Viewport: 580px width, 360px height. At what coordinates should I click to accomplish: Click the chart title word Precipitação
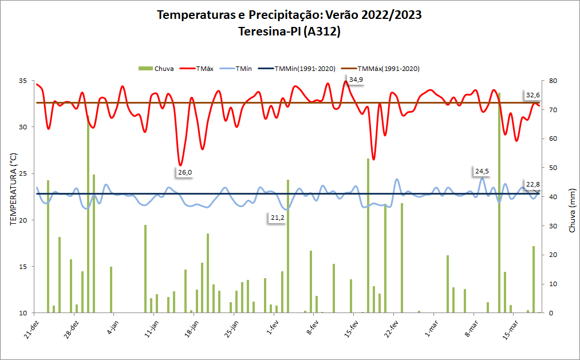(286, 15)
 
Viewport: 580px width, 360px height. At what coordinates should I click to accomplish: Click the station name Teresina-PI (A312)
(290, 32)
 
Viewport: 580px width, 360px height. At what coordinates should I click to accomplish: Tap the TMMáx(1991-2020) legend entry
(389, 69)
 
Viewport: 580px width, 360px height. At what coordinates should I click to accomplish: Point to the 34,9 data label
(356, 80)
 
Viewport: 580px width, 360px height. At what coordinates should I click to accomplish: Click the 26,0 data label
(185, 172)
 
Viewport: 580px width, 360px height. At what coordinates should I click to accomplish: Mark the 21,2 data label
(278, 217)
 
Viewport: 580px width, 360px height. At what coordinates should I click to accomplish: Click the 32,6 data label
(533, 95)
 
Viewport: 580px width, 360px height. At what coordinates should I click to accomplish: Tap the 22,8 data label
(533, 184)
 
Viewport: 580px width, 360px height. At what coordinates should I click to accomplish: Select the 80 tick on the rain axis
(552, 81)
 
